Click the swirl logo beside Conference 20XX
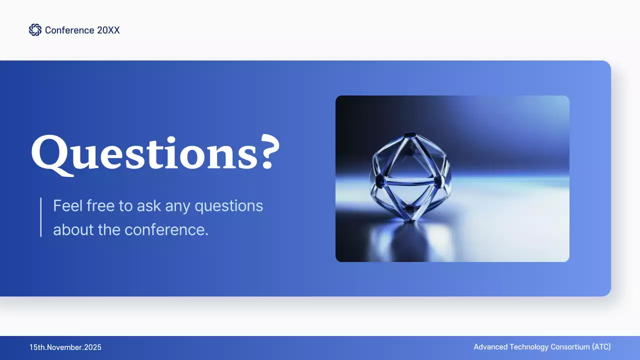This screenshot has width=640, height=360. tap(35, 30)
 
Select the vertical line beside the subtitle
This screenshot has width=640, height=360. tap(40, 217)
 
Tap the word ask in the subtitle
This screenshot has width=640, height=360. tap(146, 205)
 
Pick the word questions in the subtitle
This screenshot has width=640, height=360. tap(229, 205)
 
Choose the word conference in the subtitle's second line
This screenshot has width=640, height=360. tap(166, 230)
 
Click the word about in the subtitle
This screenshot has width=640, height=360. tap(70, 230)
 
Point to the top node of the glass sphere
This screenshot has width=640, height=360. tap(410, 134)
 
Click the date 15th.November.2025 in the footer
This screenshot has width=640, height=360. tap(65, 347)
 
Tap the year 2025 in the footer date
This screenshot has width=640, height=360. tap(92, 347)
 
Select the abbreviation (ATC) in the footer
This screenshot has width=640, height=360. tap(601, 347)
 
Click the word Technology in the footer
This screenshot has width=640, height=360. tap(529, 347)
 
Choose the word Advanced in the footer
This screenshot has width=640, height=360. tap(490, 347)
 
